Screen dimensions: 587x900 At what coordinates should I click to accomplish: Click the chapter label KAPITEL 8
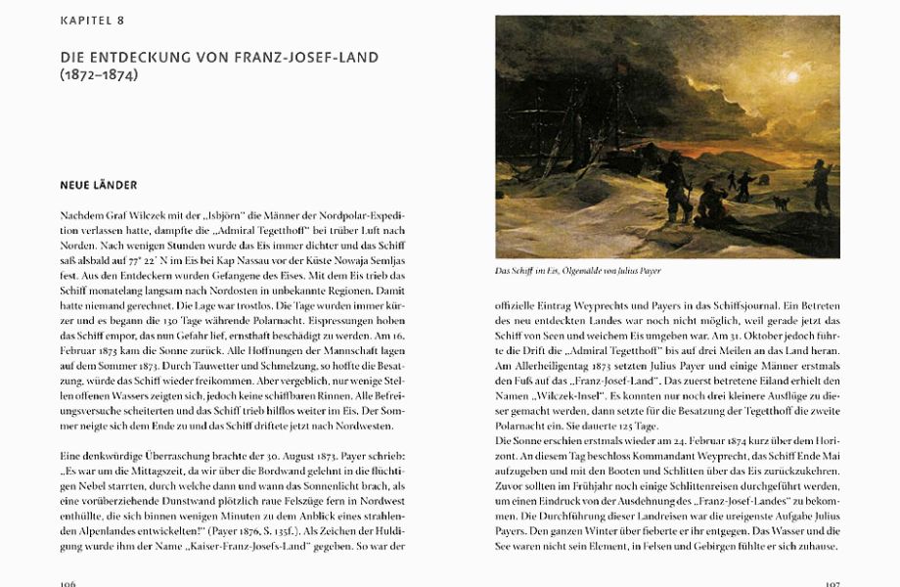[x=92, y=21]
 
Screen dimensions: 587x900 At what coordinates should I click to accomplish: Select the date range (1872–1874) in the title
[x=99, y=75]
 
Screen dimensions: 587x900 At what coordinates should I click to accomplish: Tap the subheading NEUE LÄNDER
[x=99, y=185]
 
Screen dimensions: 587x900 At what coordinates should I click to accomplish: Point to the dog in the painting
[x=780, y=203]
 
